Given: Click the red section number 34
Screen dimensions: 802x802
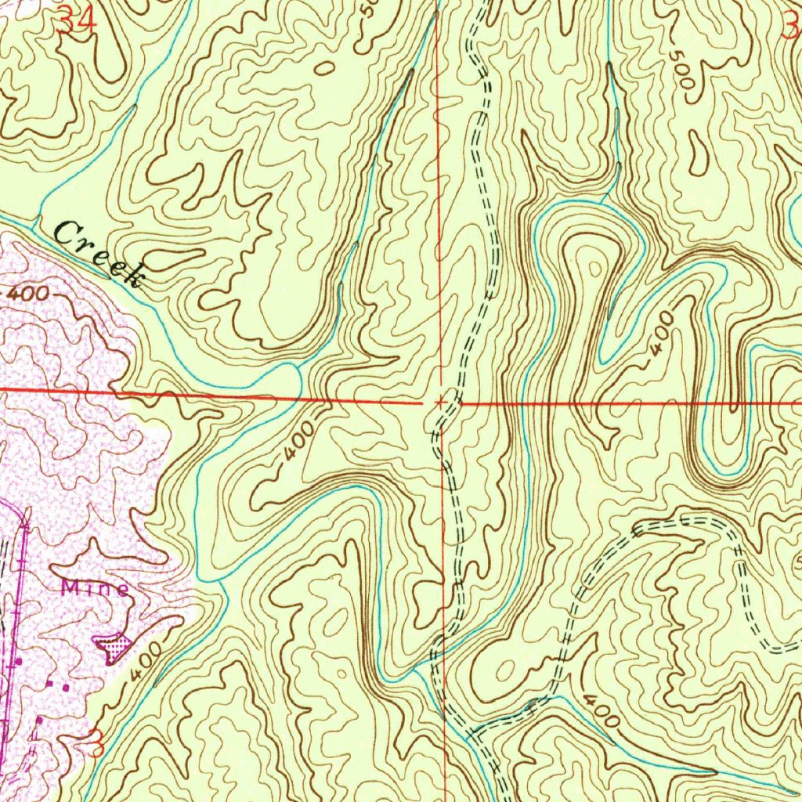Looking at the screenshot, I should point(77,22).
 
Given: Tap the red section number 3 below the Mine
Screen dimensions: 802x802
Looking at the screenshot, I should point(96,742).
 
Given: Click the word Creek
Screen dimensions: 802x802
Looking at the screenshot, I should point(99,252).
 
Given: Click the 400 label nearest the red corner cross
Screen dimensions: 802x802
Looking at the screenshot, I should point(300,444).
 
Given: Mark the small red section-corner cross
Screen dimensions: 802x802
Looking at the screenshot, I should point(441,402).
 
